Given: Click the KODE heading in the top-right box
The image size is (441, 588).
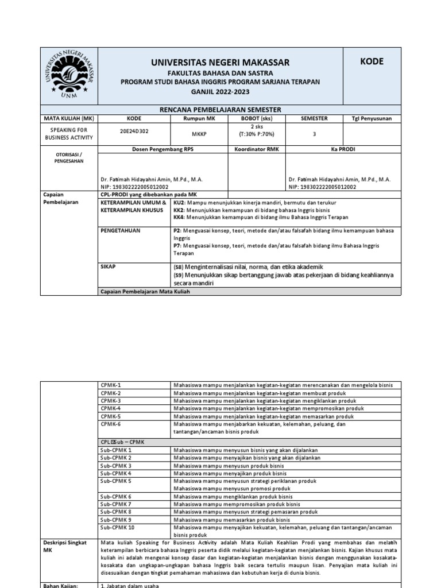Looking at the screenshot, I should coord(372,62).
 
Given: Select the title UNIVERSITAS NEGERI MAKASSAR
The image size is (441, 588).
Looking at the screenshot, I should coord(220,63).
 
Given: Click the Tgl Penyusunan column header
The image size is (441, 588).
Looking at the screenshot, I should coord(372,118).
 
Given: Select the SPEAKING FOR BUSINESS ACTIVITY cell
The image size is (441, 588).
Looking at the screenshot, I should coord(69,134).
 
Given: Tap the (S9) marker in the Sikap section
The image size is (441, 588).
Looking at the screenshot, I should coord(180,275).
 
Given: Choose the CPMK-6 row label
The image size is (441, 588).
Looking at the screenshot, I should coord(111,424).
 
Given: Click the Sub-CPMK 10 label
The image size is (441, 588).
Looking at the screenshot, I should coord(117,527).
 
